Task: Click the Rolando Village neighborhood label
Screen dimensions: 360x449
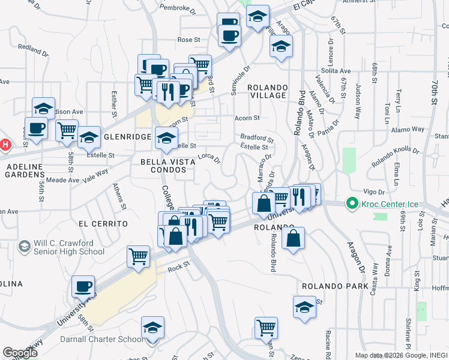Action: point(267,91)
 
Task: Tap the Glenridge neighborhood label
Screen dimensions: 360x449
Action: point(127,137)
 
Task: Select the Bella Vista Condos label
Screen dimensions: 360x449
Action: point(164,166)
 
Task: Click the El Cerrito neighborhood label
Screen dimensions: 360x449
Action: point(103,223)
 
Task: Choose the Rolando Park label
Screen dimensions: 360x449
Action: point(335,286)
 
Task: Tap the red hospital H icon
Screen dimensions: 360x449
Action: point(5,145)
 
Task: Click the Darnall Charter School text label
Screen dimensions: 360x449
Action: point(102,339)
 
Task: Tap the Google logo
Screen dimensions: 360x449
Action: point(20,353)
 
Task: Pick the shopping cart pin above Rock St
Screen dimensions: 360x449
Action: point(138,256)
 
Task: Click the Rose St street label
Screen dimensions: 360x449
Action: point(188,40)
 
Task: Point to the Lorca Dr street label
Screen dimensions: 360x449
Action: point(209,159)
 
